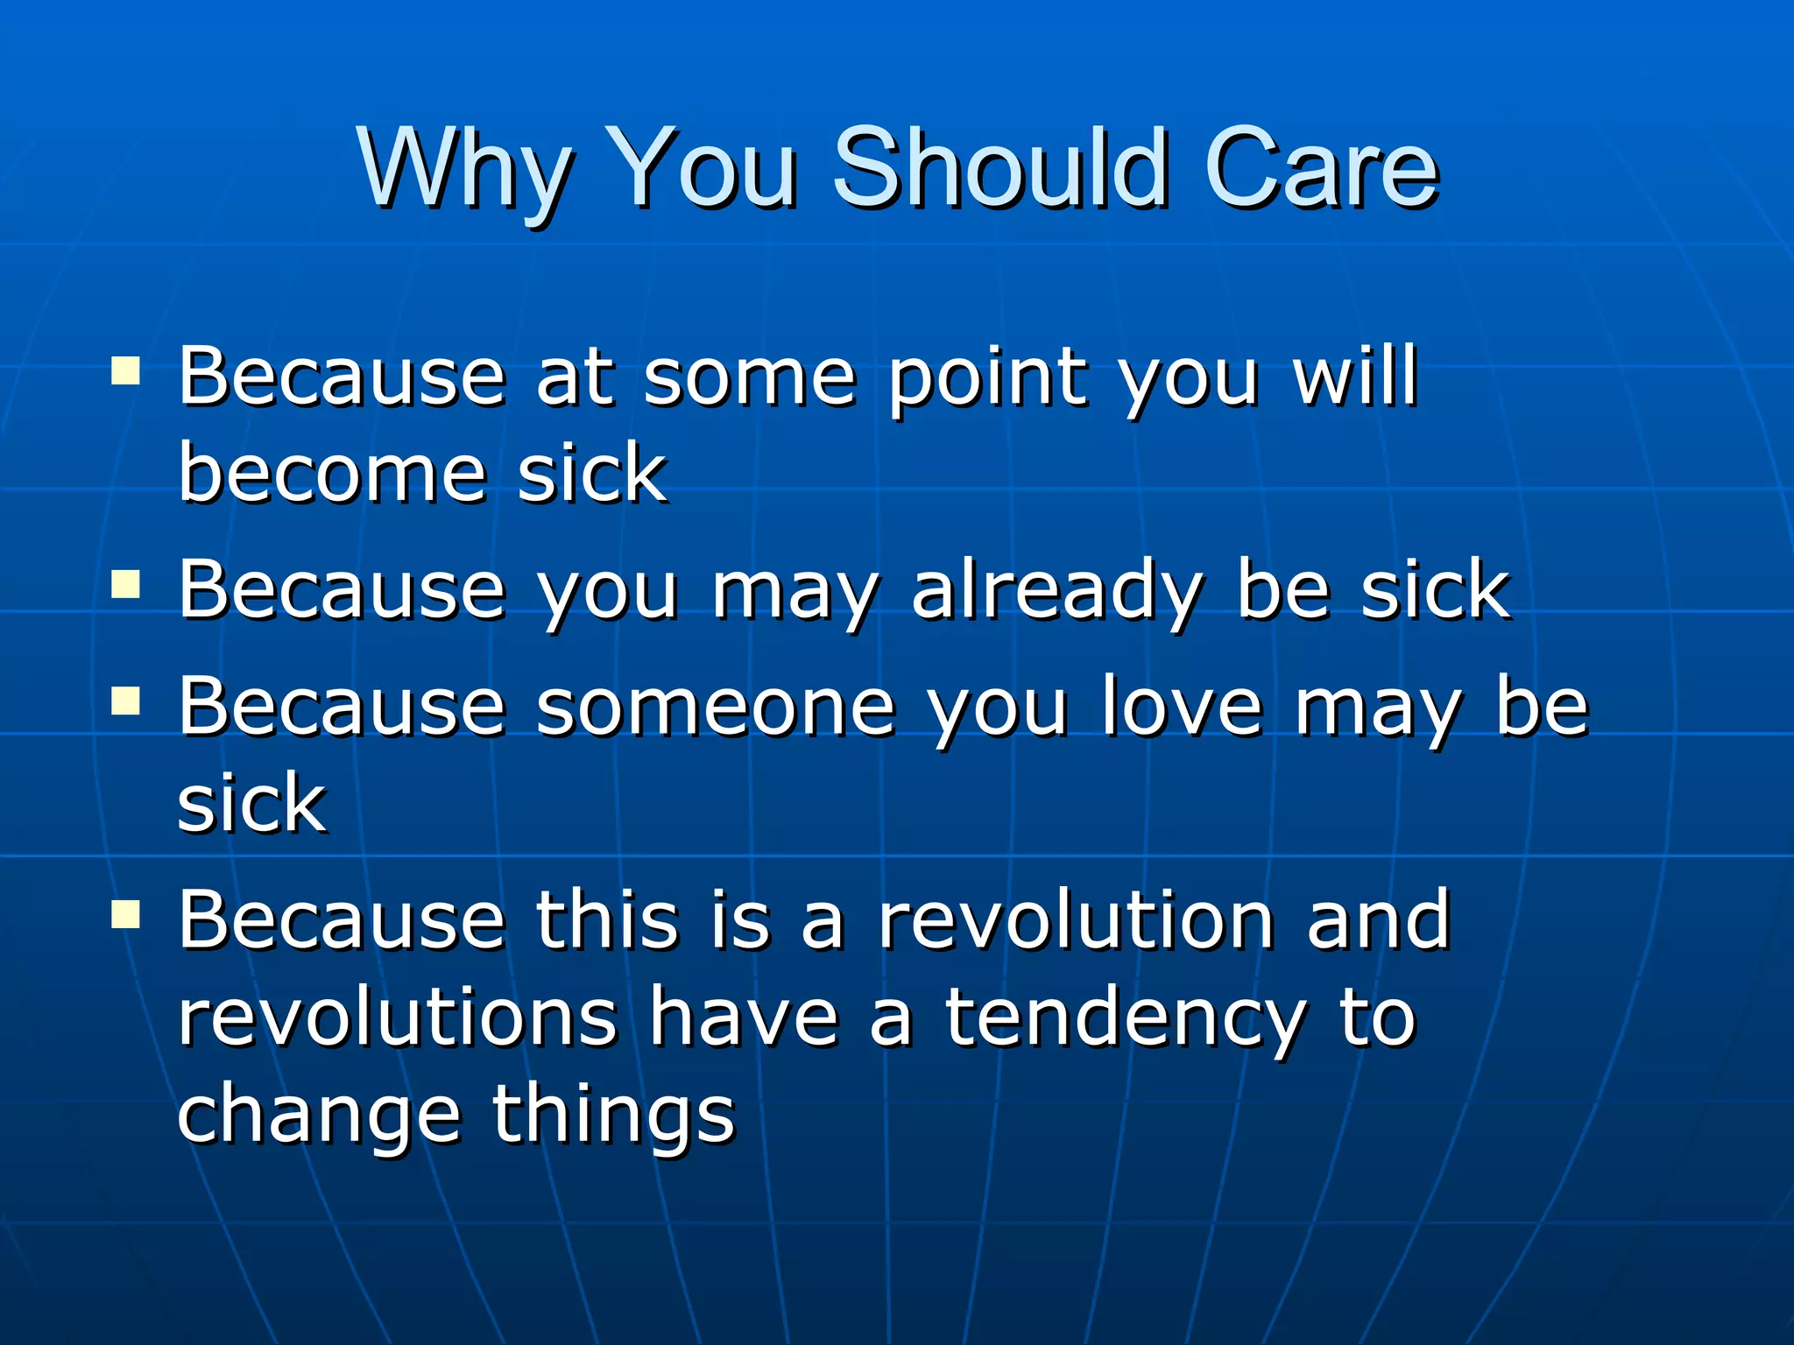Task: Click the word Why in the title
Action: pyautogui.click(x=464, y=168)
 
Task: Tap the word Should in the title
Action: pyautogui.click(x=999, y=168)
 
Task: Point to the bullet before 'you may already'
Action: pyautogui.click(x=126, y=585)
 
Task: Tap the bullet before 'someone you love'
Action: pyautogui.click(x=126, y=701)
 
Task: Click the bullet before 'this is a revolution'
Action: pyautogui.click(x=126, y=914)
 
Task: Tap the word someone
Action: pyautogui.click(x=715, y=708)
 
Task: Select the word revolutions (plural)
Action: pyautogui.click(x=398, y=1018)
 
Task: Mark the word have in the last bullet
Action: pyautogui.click(x=744, y=1018)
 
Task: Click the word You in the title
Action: pyautogui.click(x=701, y=168)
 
